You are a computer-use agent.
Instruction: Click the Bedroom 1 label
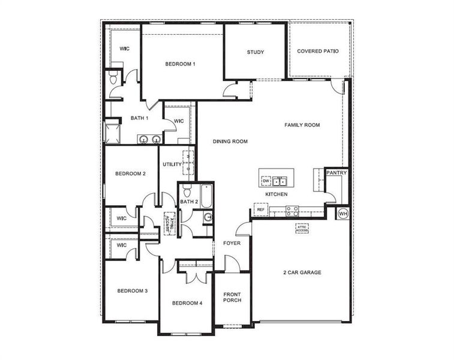[181, 64]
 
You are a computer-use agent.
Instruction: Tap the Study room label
[255, 52]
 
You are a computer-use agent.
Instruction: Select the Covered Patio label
[318, 52]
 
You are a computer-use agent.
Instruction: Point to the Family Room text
[302, 125]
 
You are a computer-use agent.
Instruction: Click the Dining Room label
[230, 142]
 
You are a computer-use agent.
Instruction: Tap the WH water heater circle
[343, 213]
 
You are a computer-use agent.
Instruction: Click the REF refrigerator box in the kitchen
[261, 209]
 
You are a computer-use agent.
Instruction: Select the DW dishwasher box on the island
[265, 180]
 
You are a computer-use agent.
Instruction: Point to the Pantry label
[336, 173]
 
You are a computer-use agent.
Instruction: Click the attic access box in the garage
[302, 228]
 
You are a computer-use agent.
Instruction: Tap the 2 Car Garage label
[302, 272]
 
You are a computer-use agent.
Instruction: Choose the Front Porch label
[232, 297]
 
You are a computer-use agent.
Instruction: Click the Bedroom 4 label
[187, 303]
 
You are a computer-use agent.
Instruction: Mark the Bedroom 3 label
[132, 291]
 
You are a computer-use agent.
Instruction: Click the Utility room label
[172, 164]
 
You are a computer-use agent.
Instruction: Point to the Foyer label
[232, 243]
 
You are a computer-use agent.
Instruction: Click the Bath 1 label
[140, 118]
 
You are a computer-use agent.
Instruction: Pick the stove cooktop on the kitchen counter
[292, 211]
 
